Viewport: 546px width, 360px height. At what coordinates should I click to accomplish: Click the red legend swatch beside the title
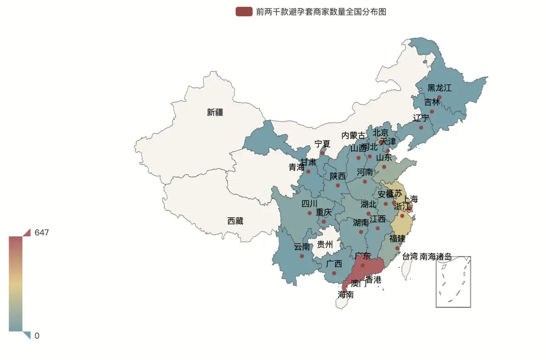click(244, 12)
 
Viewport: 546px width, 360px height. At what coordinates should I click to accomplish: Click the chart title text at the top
click(321, 12)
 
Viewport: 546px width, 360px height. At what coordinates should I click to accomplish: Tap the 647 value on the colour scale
click(42, 232)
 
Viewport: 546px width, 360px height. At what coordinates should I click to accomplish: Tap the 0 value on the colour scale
click(37, 336)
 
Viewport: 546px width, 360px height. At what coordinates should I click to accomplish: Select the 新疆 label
click(215, 113)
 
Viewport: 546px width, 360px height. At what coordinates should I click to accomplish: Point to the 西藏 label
click(235, 221)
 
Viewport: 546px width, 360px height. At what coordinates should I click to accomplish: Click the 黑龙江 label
click(439, 88)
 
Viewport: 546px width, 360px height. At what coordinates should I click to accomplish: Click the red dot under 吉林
click(432, 112)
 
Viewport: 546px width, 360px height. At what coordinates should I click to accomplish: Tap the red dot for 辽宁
click(421, 128)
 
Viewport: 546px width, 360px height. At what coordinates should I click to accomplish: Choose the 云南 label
click(302, 247)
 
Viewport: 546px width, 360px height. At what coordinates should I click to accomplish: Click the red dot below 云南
click(302, 256)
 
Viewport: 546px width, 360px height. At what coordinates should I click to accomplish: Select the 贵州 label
click(325, 244)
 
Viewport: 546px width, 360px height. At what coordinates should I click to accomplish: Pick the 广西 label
click(334, 264)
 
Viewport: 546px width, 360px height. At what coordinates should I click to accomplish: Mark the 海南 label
click(346, 295)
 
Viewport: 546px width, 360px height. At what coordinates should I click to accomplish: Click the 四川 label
click(309, 203)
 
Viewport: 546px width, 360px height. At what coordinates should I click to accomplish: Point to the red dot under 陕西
click(338, 186)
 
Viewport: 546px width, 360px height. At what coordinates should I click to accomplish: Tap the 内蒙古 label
click(353, 136)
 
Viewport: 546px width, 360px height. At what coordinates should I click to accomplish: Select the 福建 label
click(397, 238)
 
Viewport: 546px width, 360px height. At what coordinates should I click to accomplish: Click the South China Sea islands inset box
click(453, 282)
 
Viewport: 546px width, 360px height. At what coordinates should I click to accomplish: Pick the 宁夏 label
click(322, 144)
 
